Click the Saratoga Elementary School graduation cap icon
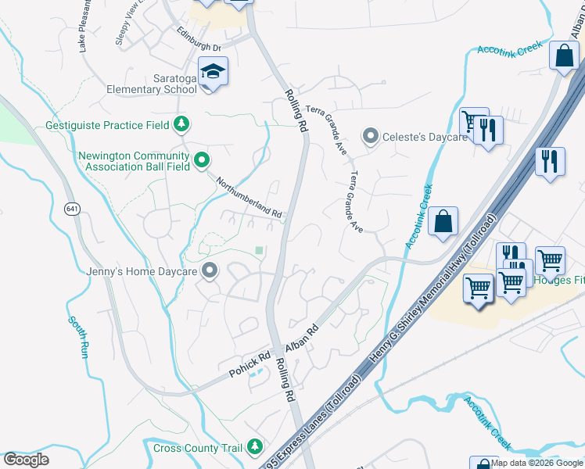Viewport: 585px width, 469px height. pyautogui.click(x=211, y=73)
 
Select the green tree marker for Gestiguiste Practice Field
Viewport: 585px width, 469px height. pyautogui.click(x=181, y=124)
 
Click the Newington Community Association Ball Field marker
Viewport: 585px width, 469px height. pyautogui.click(x=201, y=161)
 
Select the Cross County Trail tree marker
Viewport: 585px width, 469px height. pyautogui.click(x=254, y=447)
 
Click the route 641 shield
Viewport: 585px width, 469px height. pyautogui.click(x=73, y=209)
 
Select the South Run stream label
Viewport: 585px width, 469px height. pyautogui.click(x=77, y=337)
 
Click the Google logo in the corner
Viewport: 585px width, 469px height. pyautogui.click(x=26, y=460)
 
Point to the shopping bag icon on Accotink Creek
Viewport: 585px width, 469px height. pyautogui.click(x=443, y=220)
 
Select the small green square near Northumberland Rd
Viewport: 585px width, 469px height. pyautogui.click(x=259, y=250)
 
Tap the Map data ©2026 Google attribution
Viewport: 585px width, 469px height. pyautogui.click(x=537, y=463)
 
